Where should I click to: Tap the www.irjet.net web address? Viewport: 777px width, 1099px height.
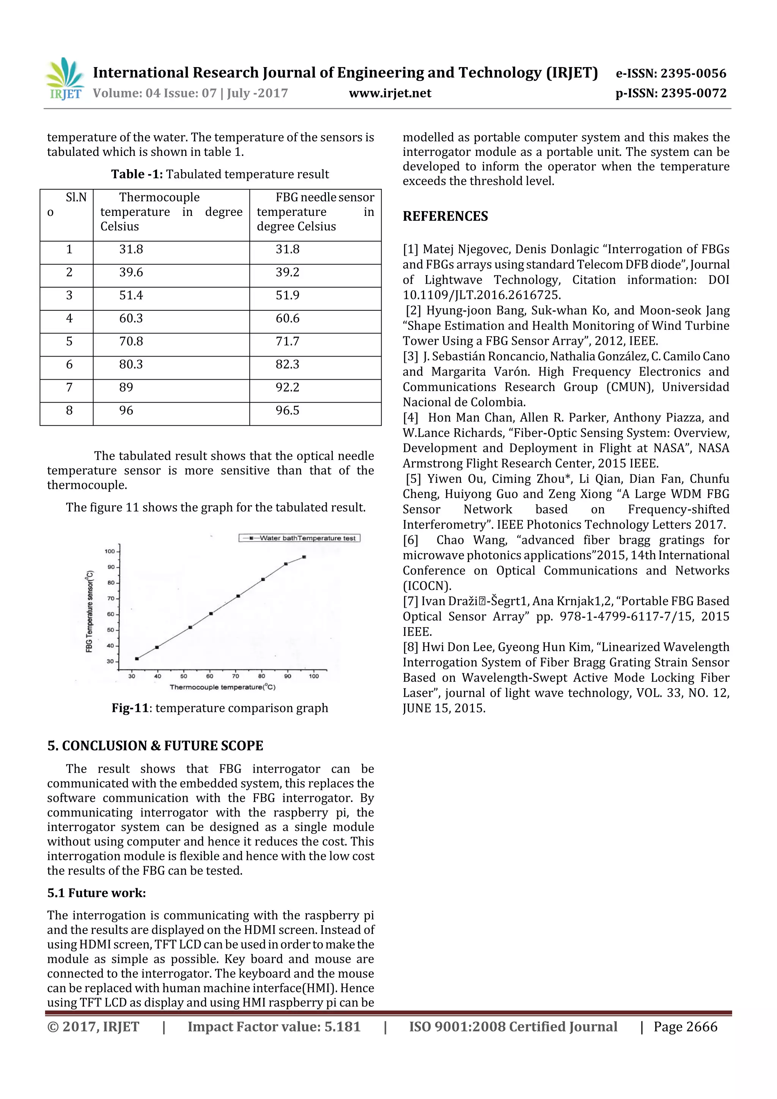390,93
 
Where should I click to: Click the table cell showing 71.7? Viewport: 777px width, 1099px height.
287,341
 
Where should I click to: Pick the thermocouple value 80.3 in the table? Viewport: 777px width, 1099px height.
131,364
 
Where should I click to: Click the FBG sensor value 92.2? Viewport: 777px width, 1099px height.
287,387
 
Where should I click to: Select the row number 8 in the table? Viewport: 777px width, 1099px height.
69,410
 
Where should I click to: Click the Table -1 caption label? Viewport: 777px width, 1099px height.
137,174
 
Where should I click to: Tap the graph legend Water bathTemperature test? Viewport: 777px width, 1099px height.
300,538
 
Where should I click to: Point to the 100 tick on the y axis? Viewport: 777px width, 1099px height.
110,552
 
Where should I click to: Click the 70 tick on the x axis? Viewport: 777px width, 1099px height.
236,676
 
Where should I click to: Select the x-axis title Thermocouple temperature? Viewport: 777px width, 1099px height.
222,687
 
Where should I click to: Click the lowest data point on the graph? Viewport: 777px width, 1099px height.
137,659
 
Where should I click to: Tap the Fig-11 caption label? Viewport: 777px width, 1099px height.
130,708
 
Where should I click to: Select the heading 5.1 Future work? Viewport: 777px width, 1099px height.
96,893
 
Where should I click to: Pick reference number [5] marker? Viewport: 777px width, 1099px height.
413,479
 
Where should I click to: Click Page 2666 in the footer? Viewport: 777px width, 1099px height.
685,1027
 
